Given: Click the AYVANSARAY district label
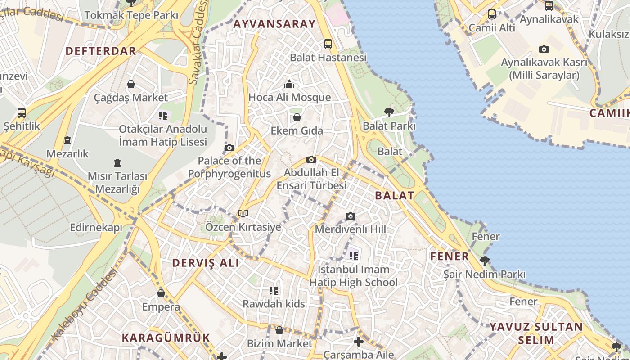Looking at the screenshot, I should pos(274,24).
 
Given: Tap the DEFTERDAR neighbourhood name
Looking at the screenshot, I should pos(101,51).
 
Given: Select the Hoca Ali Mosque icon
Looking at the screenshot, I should pos(289,84).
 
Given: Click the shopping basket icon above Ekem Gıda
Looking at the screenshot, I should pos(297,118).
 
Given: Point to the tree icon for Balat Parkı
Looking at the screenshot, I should pos(389,112).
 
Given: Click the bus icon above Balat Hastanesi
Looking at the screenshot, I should pos(328,44).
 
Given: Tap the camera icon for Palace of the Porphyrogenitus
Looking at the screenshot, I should pos(229,148).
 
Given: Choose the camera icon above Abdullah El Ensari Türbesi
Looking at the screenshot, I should pos(311,159).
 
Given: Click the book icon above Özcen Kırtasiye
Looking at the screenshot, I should pos(243,213).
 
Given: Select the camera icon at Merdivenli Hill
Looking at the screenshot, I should pos(351,216).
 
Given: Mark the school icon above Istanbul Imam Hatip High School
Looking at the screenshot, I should pos(354,256).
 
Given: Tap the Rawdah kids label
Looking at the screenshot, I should pos(274,304).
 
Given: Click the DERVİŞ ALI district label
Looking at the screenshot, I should pos(206,263).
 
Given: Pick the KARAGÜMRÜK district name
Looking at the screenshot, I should pos(166,337).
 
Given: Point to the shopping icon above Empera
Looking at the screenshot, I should pos(161,294).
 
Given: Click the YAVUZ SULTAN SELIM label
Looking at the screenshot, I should pos(536,333).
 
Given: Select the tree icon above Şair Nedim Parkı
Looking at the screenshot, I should pos(485,261).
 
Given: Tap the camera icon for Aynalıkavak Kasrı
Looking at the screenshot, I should pos(544,49).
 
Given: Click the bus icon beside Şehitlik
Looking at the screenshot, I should pos(22,112).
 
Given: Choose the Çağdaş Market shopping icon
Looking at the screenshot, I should pos(131,84).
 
